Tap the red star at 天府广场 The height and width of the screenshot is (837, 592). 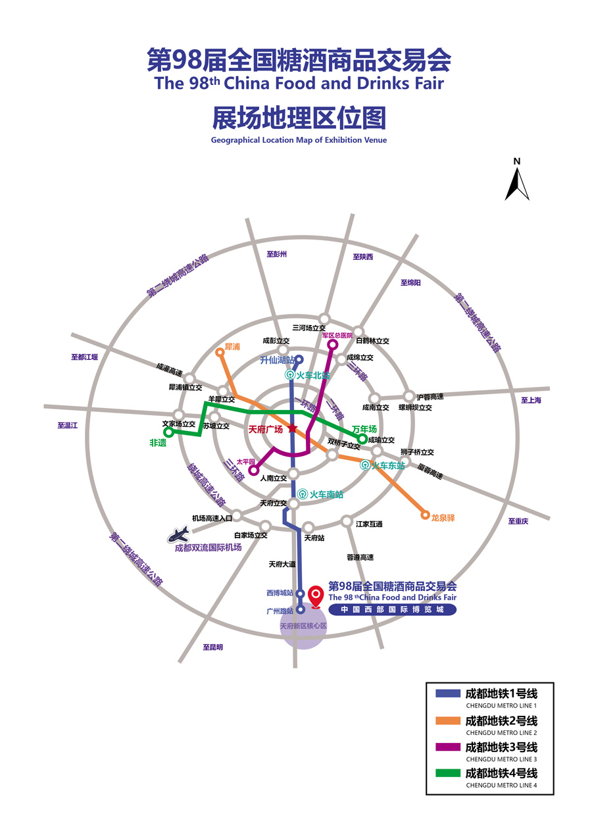[293, 428]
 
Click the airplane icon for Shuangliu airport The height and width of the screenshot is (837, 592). [179, 535]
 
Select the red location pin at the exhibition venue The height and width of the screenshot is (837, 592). [316, 597]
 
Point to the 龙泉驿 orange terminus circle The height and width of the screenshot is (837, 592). [425, 515]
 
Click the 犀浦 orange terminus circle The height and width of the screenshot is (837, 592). [220, 352]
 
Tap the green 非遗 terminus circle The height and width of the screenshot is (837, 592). [168, 432]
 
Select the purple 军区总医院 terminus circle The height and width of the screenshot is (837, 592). [332, 344]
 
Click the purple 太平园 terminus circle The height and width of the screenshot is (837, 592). [254, 470]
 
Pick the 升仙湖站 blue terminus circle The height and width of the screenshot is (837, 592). [299, 360]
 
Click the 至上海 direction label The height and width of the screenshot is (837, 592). [531, 400]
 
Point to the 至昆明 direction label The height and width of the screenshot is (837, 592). [212, 647]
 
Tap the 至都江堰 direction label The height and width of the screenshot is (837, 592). [84, 357]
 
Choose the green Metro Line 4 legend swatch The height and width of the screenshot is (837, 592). [447, 773]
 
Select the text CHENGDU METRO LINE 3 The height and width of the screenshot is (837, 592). [501, 759]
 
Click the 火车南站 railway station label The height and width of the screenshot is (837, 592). [326, 494]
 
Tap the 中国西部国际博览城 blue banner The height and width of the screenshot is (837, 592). [392, 609]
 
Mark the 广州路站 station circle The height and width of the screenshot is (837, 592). [301, 609]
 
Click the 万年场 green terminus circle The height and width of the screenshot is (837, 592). [362, 439]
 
